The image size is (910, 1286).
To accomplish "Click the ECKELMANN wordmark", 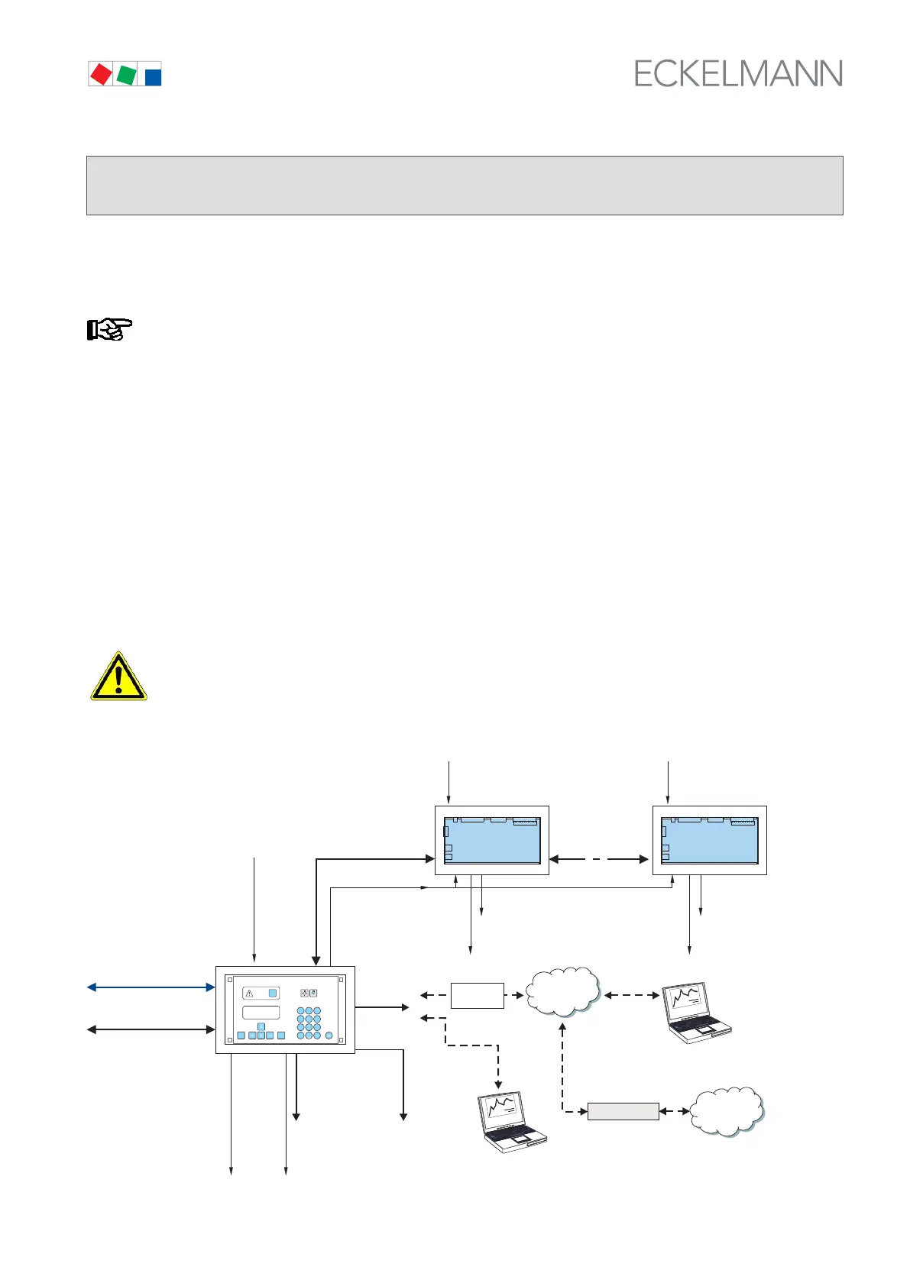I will tap(738, 74).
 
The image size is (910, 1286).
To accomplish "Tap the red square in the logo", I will tap(101, 74).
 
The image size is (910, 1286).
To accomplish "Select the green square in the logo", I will tap(127, 75).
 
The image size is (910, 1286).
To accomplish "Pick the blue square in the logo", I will tap(153, 76).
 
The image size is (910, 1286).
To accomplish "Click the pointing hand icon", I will tap(108, 329).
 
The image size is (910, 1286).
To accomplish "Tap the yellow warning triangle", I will tap(118, 677).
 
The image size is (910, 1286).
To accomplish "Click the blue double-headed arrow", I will tap(151, 987).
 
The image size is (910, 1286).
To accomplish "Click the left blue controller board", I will tap(492, 840).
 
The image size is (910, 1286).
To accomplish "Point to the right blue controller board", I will tap(709, 840).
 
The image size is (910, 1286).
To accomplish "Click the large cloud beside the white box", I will tap(563, 991).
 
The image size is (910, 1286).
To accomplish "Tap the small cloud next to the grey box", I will tap(727, 1111).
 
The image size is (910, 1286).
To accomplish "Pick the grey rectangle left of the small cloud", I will tap(623, 1111).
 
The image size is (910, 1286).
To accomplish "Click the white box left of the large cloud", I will tap(477, 996).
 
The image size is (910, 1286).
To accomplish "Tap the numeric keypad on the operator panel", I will tap(309, 1023).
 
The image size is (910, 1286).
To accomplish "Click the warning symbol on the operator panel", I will tap(249, 994).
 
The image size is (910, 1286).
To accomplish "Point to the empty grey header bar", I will tap(465, 186).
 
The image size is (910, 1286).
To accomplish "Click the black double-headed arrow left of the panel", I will tap(151, 1029).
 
